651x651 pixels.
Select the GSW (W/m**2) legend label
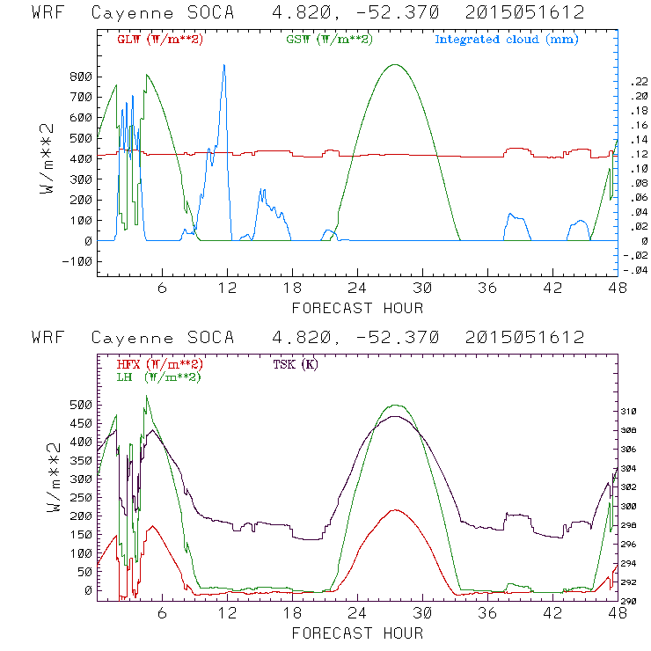point(330,40)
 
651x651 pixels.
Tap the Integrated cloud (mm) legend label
point(506,40)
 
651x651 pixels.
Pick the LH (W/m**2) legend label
point(158,377)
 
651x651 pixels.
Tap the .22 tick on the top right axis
point(636,81)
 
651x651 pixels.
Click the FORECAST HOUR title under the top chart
point(357,308)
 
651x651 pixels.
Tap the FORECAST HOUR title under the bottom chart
point(357,633)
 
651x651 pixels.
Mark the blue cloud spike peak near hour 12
point(224,65)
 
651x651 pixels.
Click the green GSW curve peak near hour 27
point(395,65)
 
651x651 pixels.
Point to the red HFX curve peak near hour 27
point(396,510)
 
